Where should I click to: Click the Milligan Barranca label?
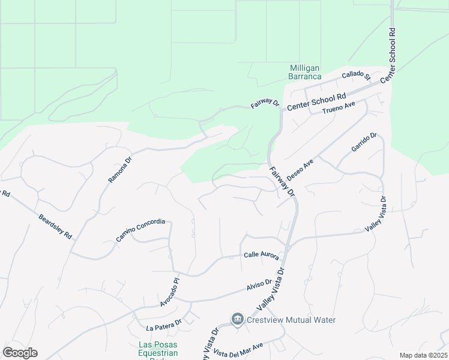tap(304, 72)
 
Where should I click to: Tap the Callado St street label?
tap(357, 76)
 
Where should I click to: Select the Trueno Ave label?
tap(339, 107)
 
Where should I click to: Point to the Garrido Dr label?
tap(364, 144)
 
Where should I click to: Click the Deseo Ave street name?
tap(300, 170)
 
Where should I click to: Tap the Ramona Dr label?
tap(119, 170)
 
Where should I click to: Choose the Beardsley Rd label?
tap(55, 227)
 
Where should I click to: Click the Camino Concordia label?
tap(140, 230)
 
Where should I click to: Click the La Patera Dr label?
tap(164, 328)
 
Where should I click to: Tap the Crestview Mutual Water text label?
tap(291, 320)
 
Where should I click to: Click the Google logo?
tap(20, 353)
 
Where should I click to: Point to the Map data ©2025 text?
tap(423, 355)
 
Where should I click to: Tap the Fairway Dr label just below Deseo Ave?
tap(282, 182)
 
